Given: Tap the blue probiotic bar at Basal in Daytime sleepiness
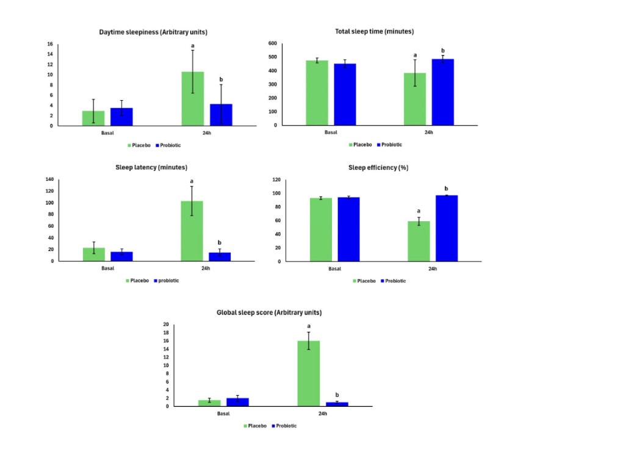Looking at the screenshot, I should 121,117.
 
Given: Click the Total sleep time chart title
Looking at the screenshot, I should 375,31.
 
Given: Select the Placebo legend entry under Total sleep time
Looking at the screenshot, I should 360,145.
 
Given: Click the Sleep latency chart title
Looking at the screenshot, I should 151,167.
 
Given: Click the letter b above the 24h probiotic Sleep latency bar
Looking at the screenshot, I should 220,242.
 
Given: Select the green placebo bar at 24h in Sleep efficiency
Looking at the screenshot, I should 419,241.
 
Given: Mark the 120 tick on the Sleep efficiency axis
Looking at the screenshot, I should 276,180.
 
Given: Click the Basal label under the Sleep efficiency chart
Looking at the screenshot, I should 334,269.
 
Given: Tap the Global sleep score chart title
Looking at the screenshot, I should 269,313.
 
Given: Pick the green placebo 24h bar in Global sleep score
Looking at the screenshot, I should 309,373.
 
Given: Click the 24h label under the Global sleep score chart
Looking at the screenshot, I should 322,414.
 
